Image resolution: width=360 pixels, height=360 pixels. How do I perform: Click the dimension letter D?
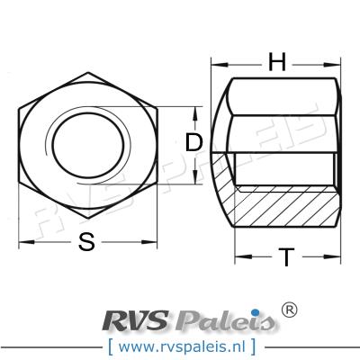coord(192,142)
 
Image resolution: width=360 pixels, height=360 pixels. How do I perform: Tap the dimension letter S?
coord(86,241)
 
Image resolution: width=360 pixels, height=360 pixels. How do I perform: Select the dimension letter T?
coord(284,258)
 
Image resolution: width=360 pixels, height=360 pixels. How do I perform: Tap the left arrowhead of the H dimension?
coord(215,64)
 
